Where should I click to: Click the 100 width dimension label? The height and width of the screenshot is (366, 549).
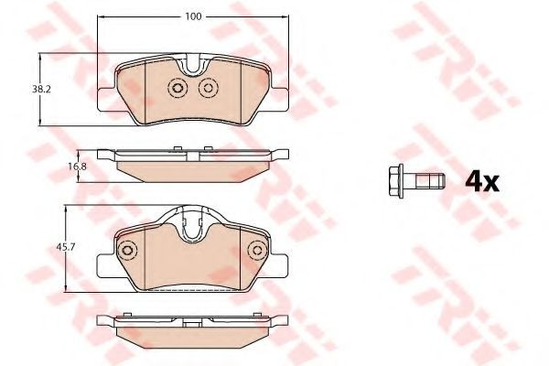click(194, 16)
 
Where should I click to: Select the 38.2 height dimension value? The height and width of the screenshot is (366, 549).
click(42, 90)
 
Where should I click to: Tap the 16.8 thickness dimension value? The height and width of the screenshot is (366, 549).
click(77, 167)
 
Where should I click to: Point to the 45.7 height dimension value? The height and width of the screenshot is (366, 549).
click(66, 247)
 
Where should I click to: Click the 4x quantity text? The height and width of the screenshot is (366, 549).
click(482, 182)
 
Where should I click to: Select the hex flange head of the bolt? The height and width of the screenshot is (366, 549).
click(396, 181)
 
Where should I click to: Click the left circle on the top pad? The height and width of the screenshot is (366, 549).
click(178, 88)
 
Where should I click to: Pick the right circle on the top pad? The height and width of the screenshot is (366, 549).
click(209, 88)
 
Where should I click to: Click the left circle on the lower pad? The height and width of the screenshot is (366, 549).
click(127, 251)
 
